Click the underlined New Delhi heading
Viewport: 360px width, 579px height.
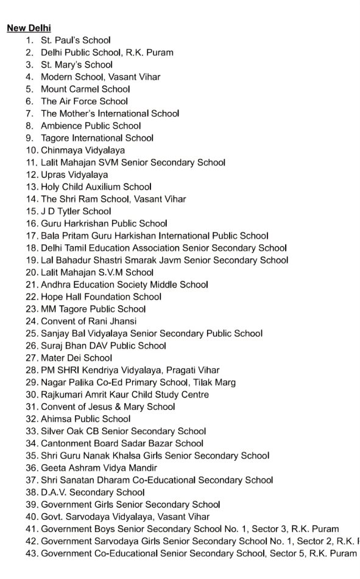29,28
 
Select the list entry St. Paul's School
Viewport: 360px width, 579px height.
76,40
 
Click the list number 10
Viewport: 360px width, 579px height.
31,150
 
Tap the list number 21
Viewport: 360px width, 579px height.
31,285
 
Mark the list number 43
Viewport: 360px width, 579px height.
31,553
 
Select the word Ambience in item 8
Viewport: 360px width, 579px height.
62,126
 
